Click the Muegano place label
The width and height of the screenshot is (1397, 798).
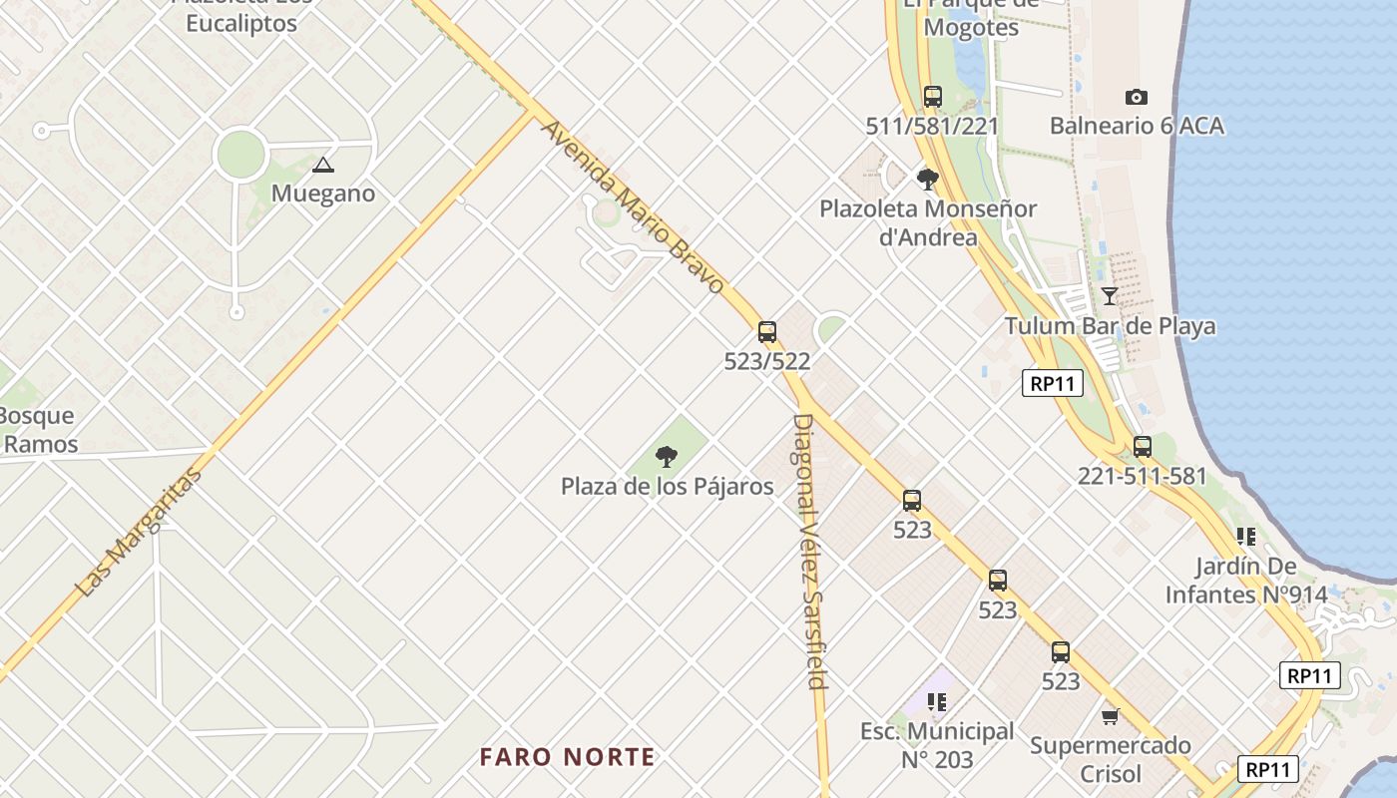pos(323,194)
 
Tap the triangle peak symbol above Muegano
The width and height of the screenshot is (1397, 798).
pos(322,165)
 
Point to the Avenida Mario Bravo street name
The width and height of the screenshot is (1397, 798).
pos(633,207)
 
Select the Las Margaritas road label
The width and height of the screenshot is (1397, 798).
pos(139,533)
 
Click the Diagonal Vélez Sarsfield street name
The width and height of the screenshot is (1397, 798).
pos(810,551)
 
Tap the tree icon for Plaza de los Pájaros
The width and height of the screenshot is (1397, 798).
pos(666,458)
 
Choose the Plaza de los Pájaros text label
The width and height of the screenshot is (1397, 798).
pos(667,487)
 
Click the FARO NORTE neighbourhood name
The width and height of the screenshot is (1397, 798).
pos(567,757)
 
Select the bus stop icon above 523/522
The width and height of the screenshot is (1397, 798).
pos(766,332)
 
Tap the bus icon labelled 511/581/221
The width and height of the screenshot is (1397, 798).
pos(932,97)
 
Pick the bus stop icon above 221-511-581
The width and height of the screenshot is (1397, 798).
pos(1143,447)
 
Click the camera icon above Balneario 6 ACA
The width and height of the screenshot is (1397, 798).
pos(1136,97)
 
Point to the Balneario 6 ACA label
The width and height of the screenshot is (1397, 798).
pos(1137,126)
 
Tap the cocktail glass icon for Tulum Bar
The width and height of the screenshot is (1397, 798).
pos(1109,295)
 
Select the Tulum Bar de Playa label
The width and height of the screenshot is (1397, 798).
pos(1110,326)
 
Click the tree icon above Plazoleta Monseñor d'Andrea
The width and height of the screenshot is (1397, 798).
pos(927,180)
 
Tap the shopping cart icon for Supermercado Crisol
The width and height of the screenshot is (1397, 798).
pos(1110,716)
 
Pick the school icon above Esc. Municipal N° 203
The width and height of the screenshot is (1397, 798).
pos(936,702)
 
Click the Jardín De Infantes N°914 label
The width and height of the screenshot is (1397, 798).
pos(1246,581)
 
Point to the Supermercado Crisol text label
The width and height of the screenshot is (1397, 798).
pos(1110,759)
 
